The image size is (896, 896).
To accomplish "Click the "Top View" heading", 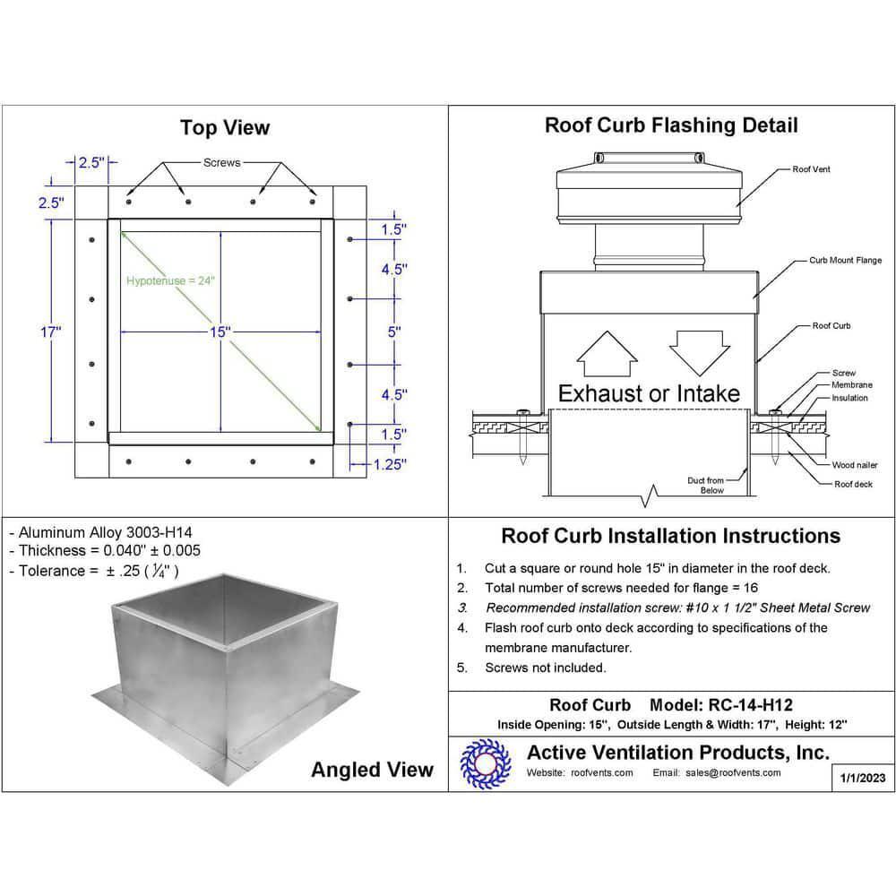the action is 225,127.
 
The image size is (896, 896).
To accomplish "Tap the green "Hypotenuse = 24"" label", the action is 170,280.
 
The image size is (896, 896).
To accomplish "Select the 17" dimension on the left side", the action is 50,332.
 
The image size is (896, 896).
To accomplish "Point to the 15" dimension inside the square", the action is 220,332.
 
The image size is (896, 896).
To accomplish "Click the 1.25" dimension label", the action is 390,464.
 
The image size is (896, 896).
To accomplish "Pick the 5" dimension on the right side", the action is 394,332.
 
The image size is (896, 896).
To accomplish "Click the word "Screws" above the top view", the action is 221,163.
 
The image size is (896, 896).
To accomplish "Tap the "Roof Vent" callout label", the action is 811,169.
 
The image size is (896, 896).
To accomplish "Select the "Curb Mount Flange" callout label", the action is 845,260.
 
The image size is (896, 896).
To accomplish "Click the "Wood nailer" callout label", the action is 854,465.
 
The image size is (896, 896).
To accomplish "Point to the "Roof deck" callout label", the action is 853,484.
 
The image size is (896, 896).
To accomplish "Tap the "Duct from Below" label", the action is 707,485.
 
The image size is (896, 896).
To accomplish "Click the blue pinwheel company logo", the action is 486,764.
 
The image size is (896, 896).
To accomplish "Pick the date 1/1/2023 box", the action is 862,778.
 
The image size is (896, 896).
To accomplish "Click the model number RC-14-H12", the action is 750,704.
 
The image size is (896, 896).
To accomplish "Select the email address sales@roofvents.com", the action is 733,772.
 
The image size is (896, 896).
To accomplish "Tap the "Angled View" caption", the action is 372,770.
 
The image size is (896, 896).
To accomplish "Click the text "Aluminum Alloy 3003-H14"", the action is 106,532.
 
